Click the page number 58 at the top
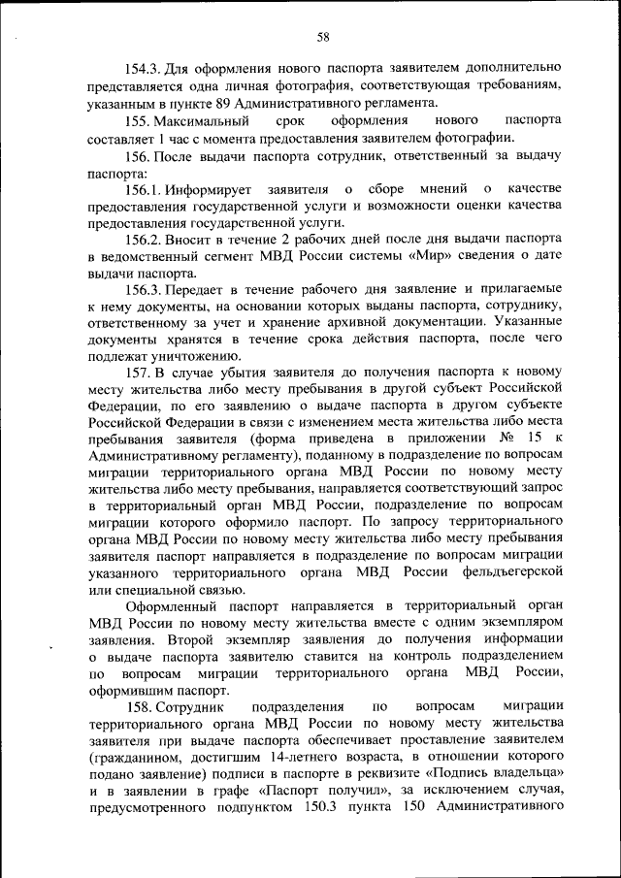pos(323,37)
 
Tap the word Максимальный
pos(205,120)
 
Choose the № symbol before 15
pos(506,440)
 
